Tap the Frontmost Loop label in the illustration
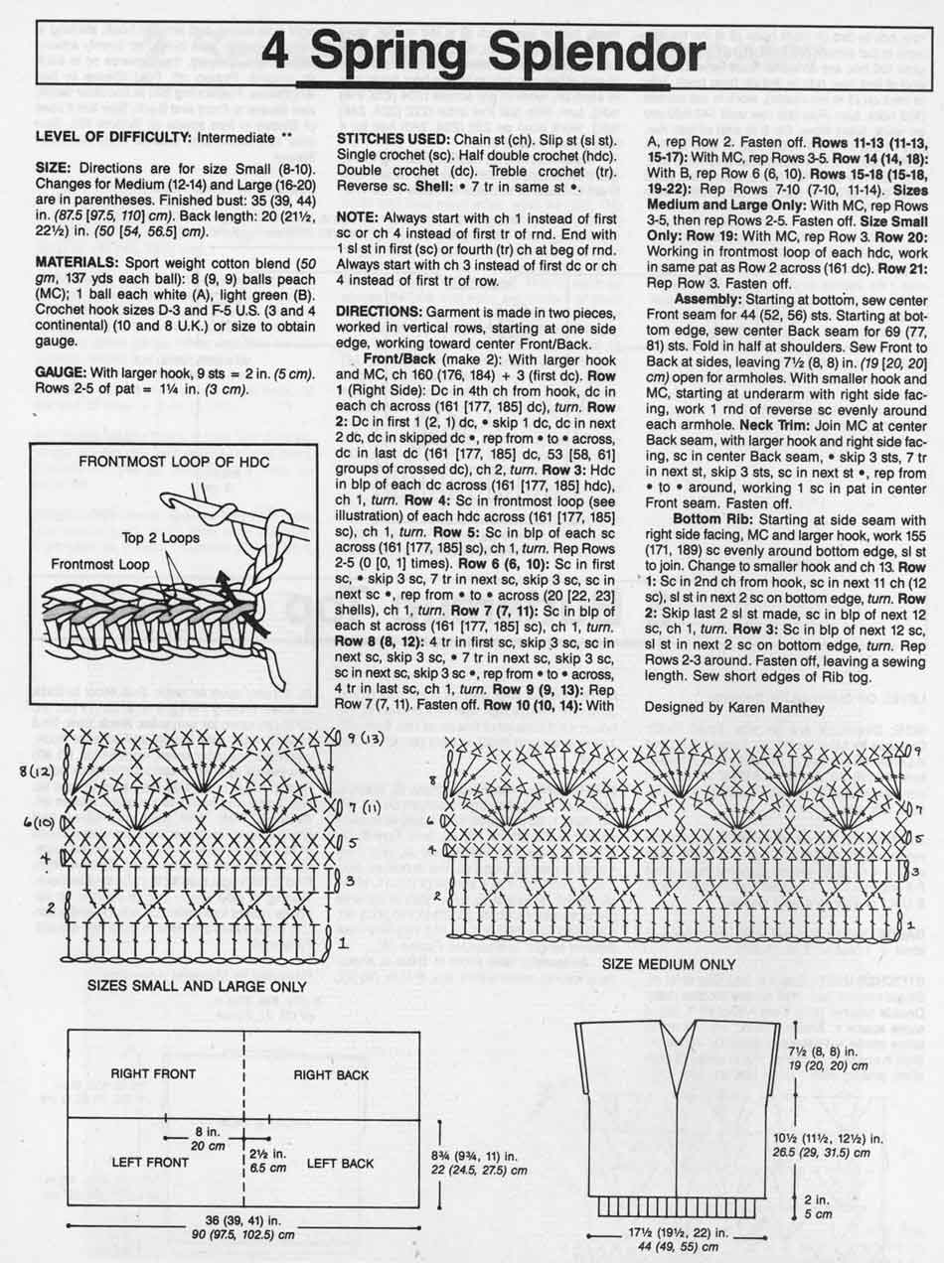(x=100, y=563)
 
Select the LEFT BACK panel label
(x=341, y=1163)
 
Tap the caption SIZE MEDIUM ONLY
(x=676, y=963)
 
